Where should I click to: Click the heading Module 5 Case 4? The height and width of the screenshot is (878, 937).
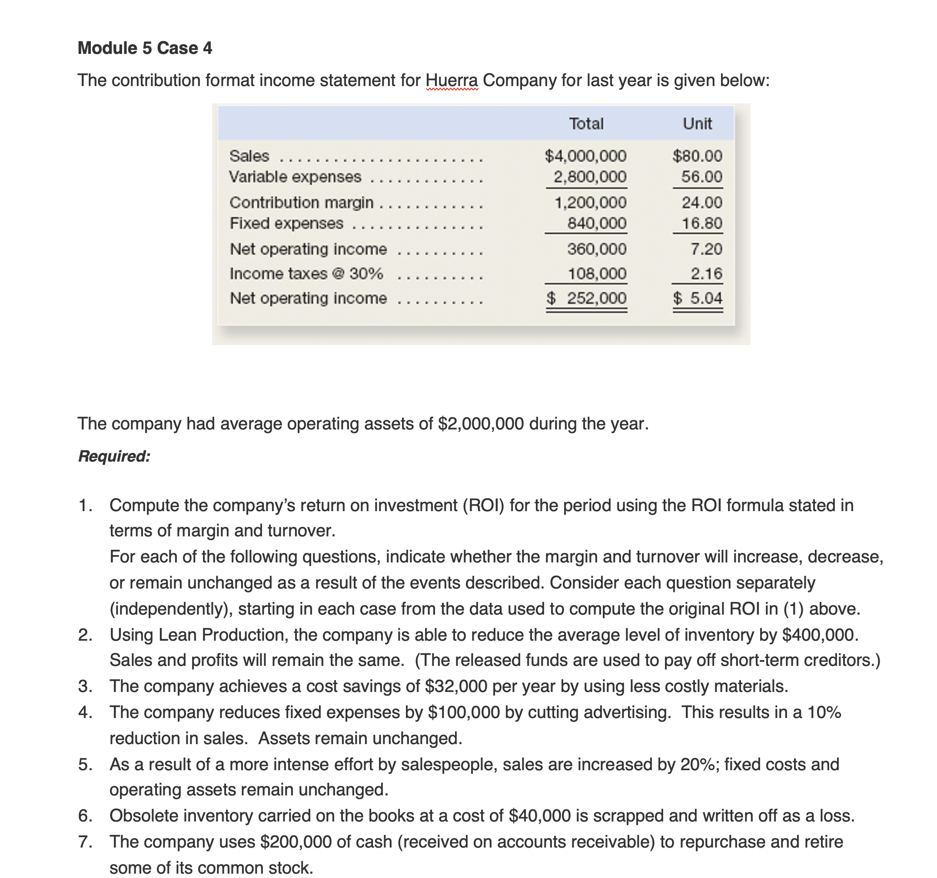[x=145, y=48]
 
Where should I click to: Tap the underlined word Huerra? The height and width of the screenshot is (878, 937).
[x=452, y=80]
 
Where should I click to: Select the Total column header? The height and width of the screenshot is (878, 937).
[x=586, y=123]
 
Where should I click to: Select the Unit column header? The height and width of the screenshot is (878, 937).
[x=697, y=123]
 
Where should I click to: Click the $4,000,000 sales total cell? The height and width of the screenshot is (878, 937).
[x=586, y=156]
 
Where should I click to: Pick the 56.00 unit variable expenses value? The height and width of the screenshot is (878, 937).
[x=701, y=177]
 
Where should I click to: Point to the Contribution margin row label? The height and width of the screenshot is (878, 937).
[x=301, y=202]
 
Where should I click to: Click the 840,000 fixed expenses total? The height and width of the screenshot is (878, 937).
[x=597, y=223]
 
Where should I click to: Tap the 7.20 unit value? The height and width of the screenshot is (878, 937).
[x=706, y=249]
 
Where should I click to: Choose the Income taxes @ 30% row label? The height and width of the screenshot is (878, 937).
[x=306, y=273]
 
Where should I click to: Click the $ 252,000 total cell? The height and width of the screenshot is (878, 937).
[x=587, y=298]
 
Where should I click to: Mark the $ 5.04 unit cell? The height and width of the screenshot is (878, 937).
[x=698, y=298]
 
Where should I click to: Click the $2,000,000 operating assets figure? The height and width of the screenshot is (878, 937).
[x=481, y=423]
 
